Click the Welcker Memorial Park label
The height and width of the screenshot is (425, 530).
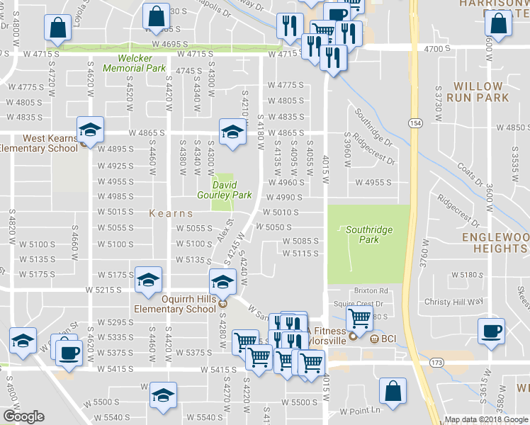click(x=135, y=64)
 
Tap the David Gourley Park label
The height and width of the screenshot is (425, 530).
click(x=222, y=189)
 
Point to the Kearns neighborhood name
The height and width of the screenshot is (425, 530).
click(x=171, y=212)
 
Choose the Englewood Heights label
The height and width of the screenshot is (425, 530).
click(x=494, y=243)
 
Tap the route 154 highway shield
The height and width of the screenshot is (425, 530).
click(x=415, y=123)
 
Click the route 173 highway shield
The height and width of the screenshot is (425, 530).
click(x=435, y=363)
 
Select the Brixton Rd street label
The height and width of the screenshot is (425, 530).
click(x=372, y=290)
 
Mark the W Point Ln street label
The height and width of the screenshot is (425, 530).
click(x=360, y=411)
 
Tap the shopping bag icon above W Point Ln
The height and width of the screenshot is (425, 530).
click(x=393, y=391)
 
